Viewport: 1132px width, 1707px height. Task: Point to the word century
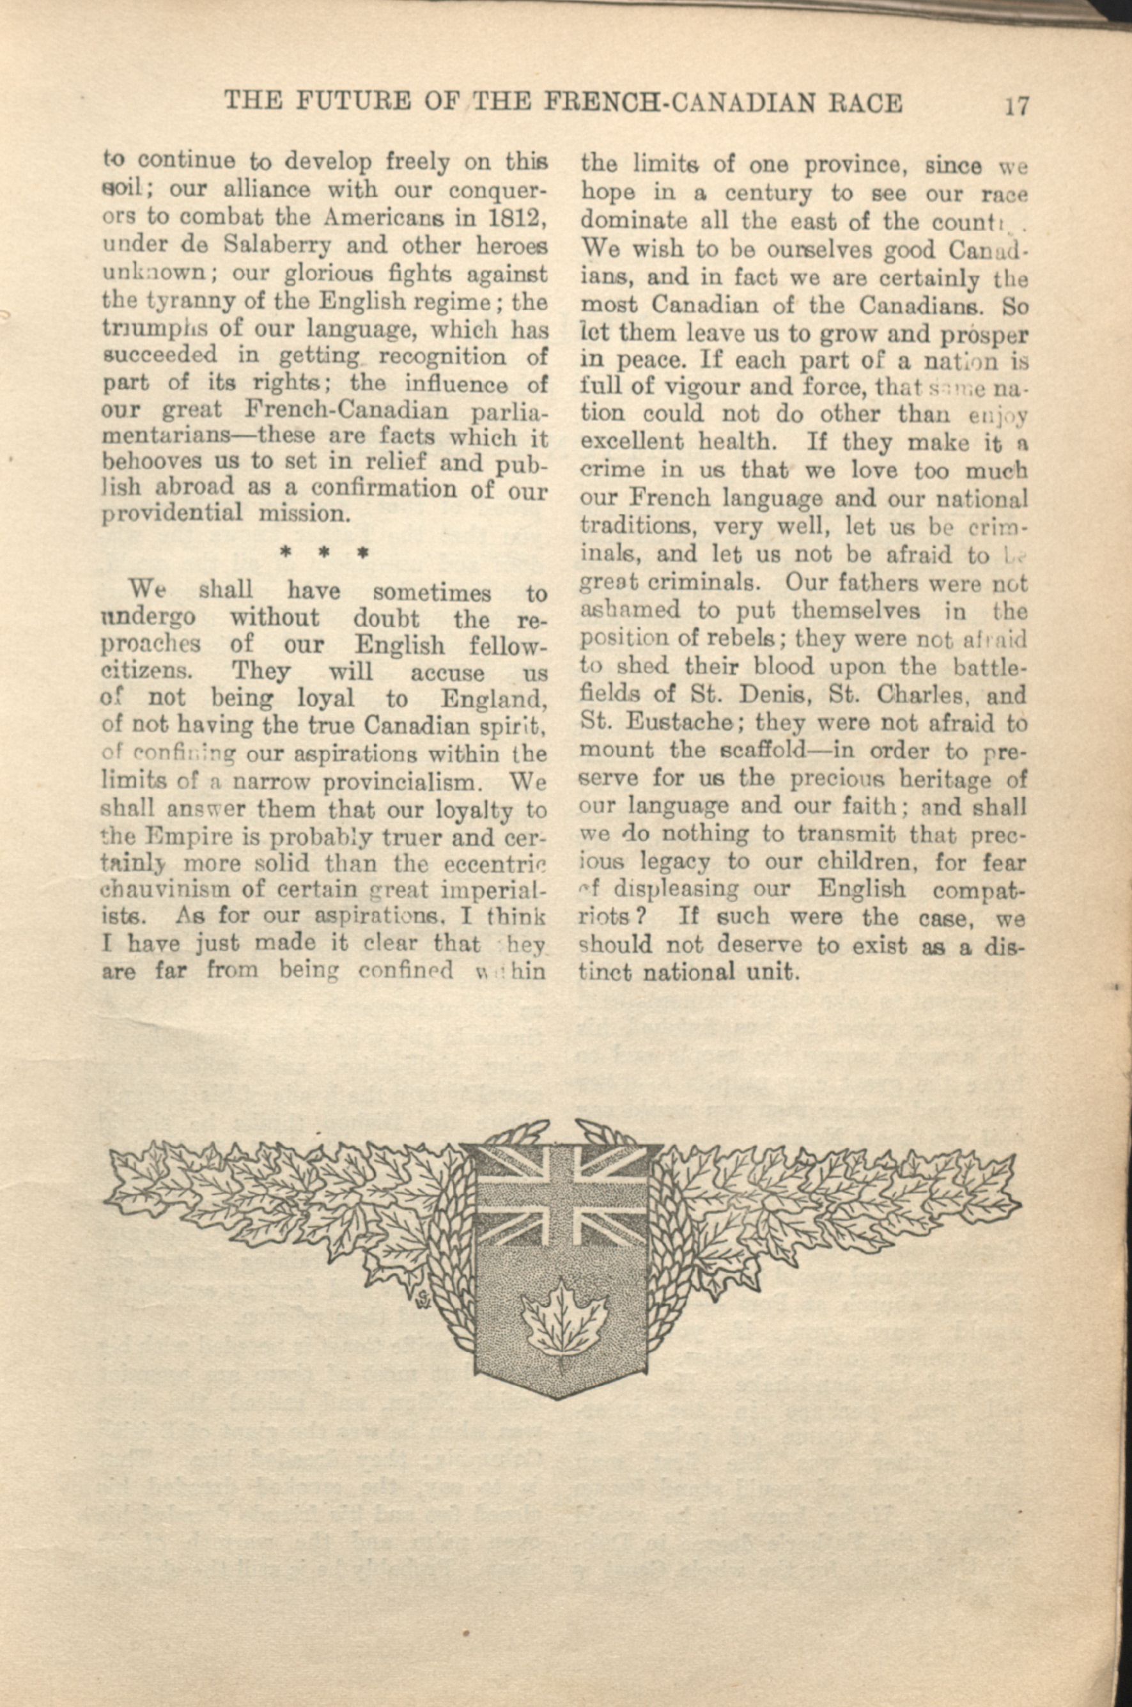coord(769,194)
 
